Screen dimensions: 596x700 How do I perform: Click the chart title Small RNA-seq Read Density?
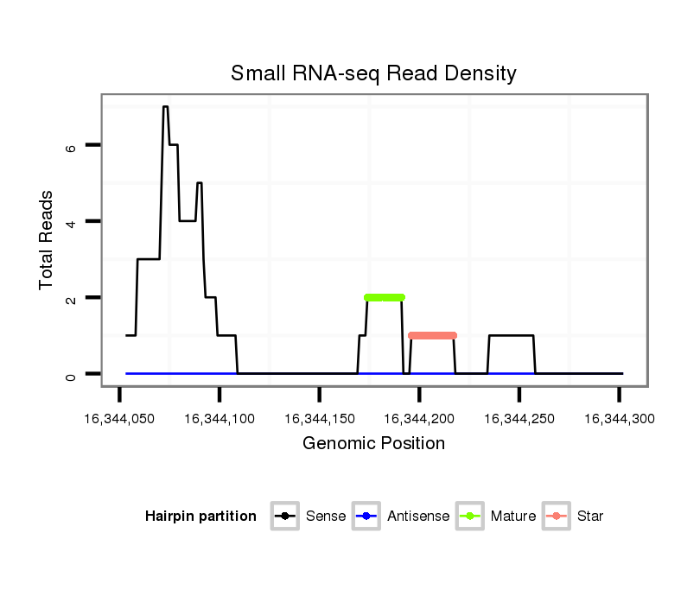pos(373,73)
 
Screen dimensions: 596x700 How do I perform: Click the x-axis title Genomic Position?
pos(373,444)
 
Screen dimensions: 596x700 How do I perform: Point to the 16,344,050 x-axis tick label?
pos(118,419)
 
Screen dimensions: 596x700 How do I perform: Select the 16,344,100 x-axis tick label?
pos(219,419)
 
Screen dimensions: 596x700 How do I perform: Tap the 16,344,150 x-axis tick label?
pos(319,419)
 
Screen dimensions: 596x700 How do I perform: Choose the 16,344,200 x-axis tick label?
pos(419,419)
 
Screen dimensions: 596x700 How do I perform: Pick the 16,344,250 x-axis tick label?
pos(519,419)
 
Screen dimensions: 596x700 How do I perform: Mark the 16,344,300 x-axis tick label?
pos(619,419)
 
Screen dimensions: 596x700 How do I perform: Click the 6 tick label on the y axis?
pos(72,146)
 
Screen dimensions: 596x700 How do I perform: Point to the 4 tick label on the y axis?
pos(72,222)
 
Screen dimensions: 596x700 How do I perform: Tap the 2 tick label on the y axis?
pos(72,298)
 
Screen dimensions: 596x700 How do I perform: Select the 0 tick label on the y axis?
pos(72,374)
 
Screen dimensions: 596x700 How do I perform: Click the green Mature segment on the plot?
pos(385,297)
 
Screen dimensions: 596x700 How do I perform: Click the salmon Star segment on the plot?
pos(432,335)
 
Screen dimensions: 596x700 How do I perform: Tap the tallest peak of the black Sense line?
pos(165,107)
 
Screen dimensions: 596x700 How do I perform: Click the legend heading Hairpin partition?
pos(200,517)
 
